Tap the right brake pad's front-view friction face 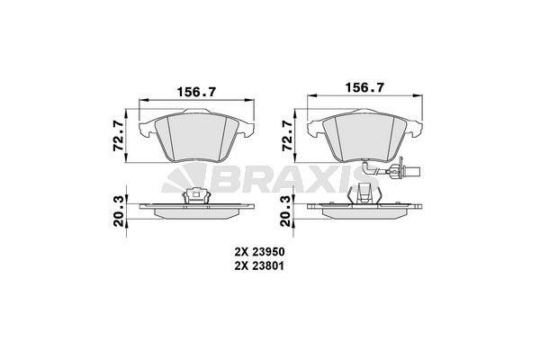click(x=364, y=136)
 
